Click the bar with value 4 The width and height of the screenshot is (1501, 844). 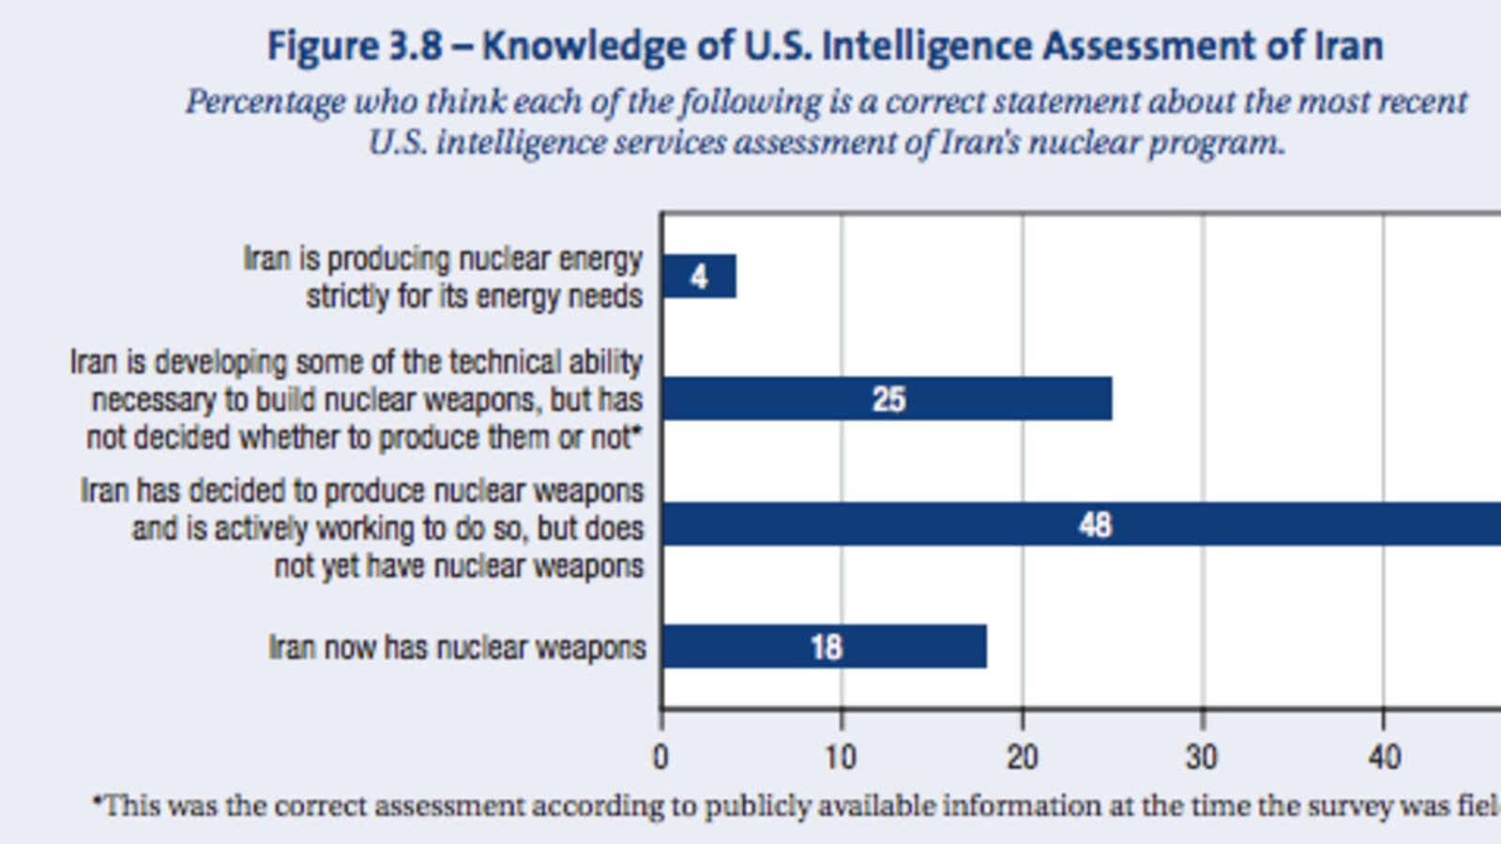(699, 277)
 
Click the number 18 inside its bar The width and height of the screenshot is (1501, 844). (826, 647)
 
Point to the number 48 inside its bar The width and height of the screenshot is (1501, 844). (1095, 524)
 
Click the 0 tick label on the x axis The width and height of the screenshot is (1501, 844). (661, 757)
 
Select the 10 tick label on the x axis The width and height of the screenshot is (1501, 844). (841, 757)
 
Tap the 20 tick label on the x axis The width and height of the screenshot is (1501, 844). (1022, 757)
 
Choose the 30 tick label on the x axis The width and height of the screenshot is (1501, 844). (1202, 757)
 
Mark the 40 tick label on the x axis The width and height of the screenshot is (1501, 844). (1384, 757)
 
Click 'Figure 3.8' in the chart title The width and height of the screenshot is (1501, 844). (354, 46)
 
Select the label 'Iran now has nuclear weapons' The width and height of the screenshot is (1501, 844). (457, 648)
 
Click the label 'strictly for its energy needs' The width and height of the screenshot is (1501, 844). (474, 296)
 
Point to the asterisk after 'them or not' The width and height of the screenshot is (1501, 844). (638, 432)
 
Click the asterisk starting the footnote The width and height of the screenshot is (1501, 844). (97, 802)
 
